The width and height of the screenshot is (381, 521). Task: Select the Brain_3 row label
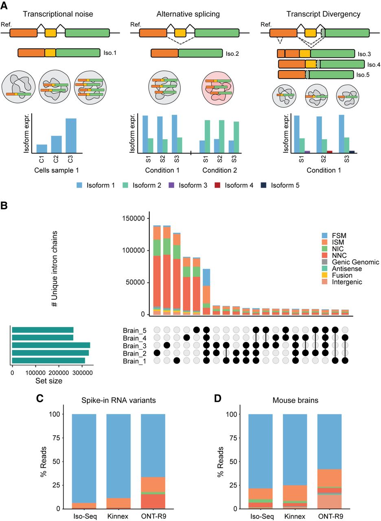[134, 345]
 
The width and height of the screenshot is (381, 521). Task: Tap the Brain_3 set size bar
[51, 345]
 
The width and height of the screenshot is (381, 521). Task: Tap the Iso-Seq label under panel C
[83, 516]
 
